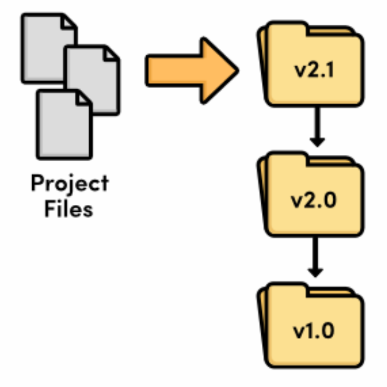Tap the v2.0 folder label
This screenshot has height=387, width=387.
[x=314, y=200]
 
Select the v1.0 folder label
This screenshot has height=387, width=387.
[x=314, y=329]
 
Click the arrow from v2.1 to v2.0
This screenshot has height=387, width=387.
[x=318, y=126]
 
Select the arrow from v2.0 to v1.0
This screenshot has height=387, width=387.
[x=318, y=257]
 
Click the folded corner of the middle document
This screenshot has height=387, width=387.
[x=112, y=53]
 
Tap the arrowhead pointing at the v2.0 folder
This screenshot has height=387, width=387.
[x=318, y=141]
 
